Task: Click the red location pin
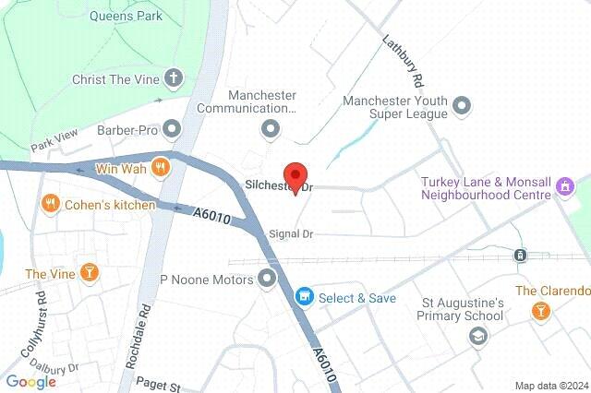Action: point(295,175)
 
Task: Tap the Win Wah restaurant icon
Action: point(162,168)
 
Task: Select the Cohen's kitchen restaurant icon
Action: point(50,204)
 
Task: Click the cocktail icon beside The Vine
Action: point(89,273)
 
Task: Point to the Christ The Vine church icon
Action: point(173,78)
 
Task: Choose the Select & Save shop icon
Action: point(302,297)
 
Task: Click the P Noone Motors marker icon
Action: point(268,278)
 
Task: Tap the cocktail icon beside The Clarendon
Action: point(538,313)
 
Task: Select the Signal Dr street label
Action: point(289,234)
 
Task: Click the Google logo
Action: point(30,381)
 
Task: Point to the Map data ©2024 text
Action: point(550,386)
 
